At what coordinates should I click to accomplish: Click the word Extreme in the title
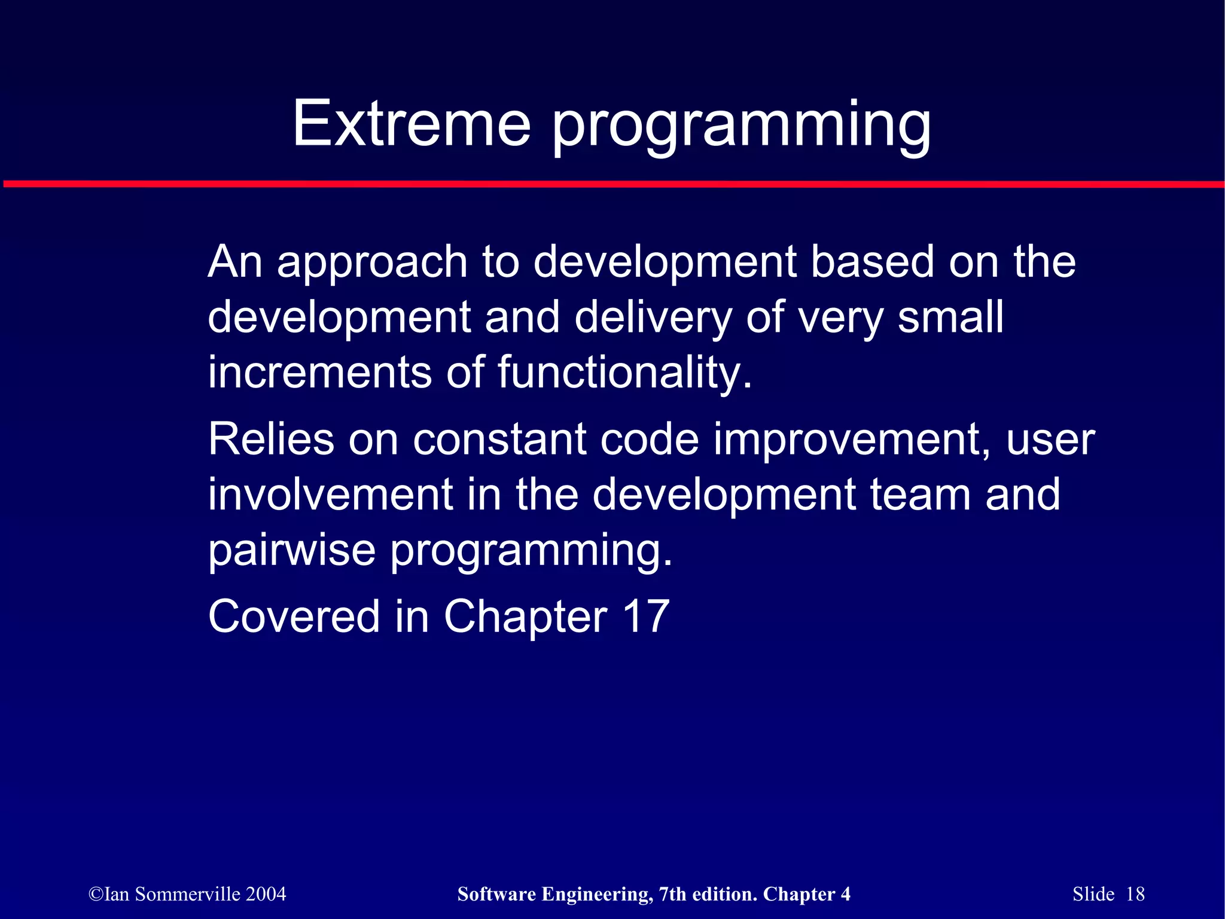[x=412, y=124]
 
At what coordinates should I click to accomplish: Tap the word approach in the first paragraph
[x=372, y=263]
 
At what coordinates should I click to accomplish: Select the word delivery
[x=653, y=318]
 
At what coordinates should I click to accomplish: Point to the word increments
[x=319, y=373]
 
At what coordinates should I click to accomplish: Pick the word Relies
[x=271, y=439]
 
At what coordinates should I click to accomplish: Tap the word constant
[x=499, y=439]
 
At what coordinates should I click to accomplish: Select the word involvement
[x=330, y=495]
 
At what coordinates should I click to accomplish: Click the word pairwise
[x=292, y=550]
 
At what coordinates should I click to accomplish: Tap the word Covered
[x=294, y=616]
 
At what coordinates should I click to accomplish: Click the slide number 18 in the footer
[x=1135, y=894]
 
